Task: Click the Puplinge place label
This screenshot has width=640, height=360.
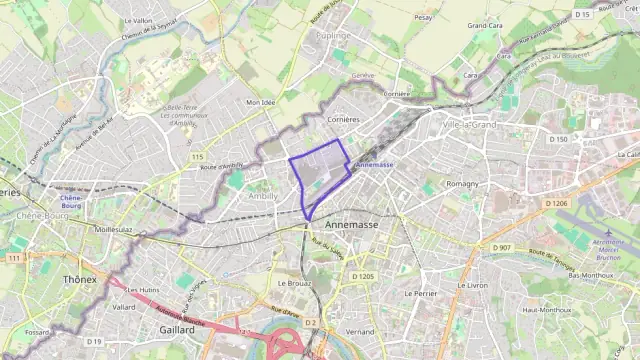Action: pyautogui.click(x=333, y=35)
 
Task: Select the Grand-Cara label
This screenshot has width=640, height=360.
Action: pyautogui.click(x=485, y=25)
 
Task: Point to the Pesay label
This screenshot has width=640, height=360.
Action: pyautogui.click(x=424, y=17)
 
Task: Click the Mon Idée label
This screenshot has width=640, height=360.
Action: pyautogui.click(x=260, y=102)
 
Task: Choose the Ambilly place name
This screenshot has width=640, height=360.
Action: pyautogui.click(x=263, y=197)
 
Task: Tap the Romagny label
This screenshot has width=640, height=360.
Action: pyautogui.click(x=462, y=184)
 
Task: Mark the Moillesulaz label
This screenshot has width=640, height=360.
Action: pyautogui.click(x=113, y=229)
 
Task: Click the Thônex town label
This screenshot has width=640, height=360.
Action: pyautogui.click(x=80, y=279)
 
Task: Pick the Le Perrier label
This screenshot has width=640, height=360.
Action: pyautogui.click(x=420, y=294)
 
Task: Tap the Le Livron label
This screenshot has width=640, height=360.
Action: pyautogui.click(x=471, y=285)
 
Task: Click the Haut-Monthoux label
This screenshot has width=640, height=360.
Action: pyautogui.click(x=546, y=310)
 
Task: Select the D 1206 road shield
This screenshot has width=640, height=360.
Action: pyautogui.click(x=556, y=203)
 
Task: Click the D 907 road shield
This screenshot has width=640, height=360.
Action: pyautogui.click(x=501, y=247)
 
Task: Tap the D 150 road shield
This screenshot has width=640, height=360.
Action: pyautogui.click(x=560, y=139)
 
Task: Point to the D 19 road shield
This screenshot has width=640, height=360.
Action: pyautogui.click(x=94, y=342)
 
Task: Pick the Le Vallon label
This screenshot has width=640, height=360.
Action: pyautogui.click(x=138, y=20)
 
